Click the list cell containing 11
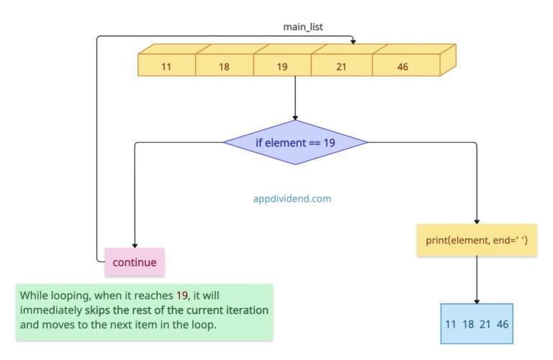click(x=166, y=66)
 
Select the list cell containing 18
click(x=224, y=66)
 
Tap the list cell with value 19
click(x=282, y=66)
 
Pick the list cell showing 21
click(x=341, y=66)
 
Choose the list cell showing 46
click(x=403, y=66)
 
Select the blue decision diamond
click(x=295, y=143)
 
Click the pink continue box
click(x=135, y=262)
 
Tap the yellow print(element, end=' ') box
click(x=477, y=240)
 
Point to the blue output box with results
click(x=477, y=324)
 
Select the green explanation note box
click(x=144, y=311)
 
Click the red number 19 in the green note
click(x=182, y=296)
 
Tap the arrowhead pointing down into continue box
click(x=135, y=245)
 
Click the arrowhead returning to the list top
click(x=352, y=39)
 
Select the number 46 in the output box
click(x=502, y=324)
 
